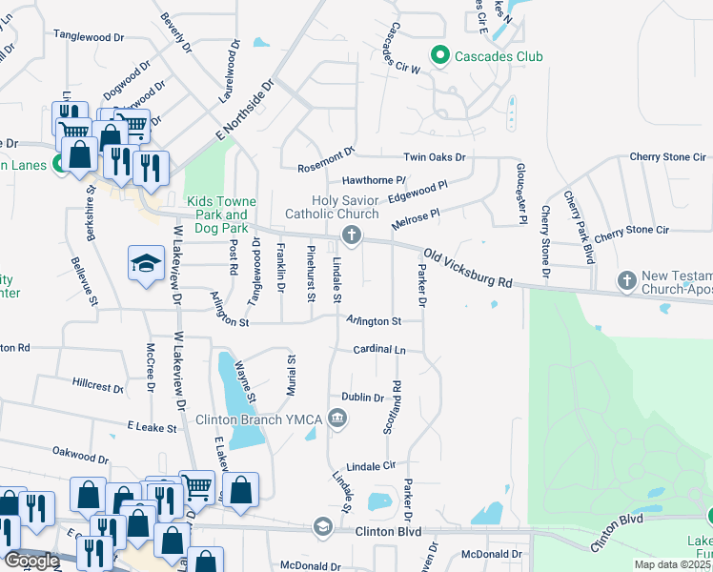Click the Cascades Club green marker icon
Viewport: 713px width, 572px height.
pos(440,56)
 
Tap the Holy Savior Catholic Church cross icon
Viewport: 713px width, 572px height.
pos(352,235)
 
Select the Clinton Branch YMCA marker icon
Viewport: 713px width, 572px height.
pos(337,418)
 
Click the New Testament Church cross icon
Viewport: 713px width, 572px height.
pos(626,279)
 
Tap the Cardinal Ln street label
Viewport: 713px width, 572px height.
pos(379,350)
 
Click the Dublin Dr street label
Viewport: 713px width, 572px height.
pos(362,398)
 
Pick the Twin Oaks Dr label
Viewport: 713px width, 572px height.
pos(434,157)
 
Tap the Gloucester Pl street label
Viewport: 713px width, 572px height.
pos(521,194)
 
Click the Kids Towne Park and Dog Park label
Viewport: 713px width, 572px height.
pos(217,214)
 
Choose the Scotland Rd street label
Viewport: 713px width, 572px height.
pos(392,408)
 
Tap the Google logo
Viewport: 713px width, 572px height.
pos(31,561)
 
